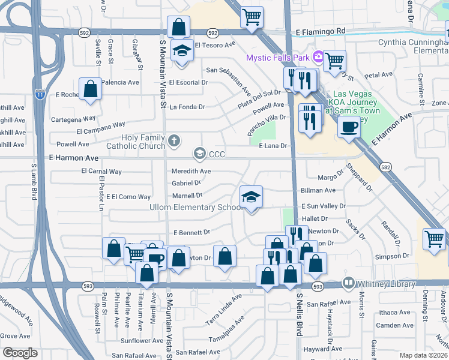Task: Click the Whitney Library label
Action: coord(385,284)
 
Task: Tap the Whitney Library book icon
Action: coord(348,283)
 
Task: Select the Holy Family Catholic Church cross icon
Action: coord(174,142)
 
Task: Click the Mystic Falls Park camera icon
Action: coord(318,58)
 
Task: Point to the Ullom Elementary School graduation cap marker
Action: coord(252,196)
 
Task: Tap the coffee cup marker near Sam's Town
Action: coord(348,127)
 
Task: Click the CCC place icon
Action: coord(199,154)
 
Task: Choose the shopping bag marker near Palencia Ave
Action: coord(90,88)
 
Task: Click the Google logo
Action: coord(19,353)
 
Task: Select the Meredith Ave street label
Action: coord(191,171)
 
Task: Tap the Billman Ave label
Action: coord(318,190)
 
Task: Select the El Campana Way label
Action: coord(100,128)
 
